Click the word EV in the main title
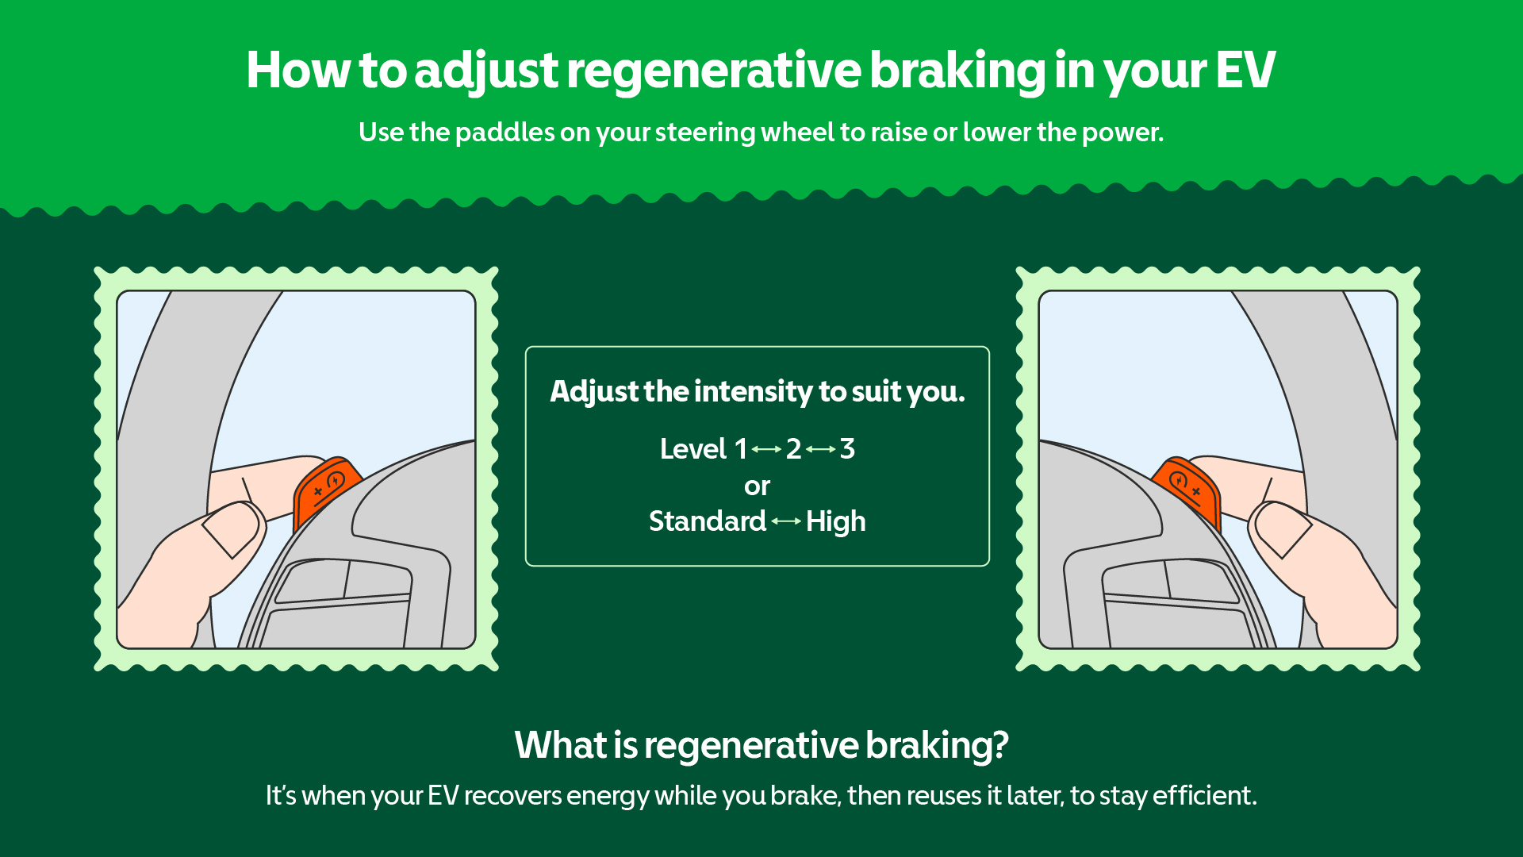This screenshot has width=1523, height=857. [x=1245, y=71]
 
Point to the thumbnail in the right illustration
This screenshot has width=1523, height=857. [x=1283, y=530]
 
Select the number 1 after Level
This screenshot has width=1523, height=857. [x=741, y=449]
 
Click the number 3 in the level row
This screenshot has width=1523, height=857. [x=847, y=449]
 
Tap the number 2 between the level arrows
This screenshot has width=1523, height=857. [x=793, y=449]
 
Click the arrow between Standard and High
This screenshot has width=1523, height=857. [x=786, y=521]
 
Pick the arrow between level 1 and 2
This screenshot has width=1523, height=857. [x=767, y=449]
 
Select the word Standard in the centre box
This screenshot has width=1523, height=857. [x=707, y=521]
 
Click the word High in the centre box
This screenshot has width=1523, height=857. [x=835, y=521]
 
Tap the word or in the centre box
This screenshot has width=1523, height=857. [x=757, y=486]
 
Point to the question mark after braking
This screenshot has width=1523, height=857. [x=1000, y=745]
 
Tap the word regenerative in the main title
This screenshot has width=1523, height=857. [x=713, y=71]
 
